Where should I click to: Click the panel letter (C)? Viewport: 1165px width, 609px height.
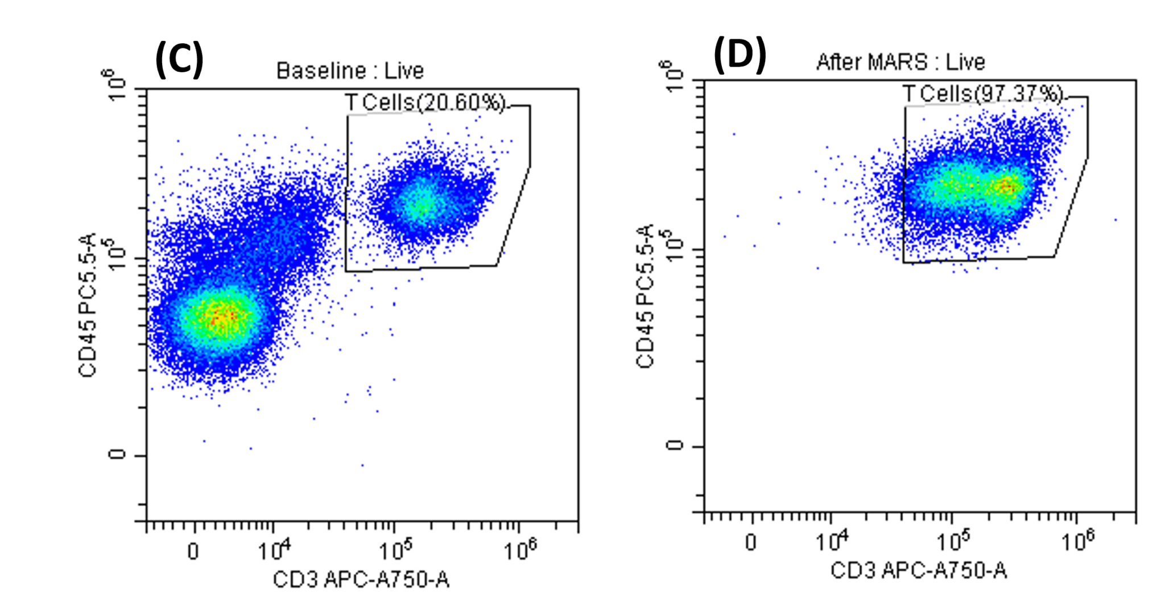(x=179, y=59)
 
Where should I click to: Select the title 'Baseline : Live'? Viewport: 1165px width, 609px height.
(x=350, y=71)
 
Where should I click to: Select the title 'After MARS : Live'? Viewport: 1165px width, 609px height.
(x=900, y=62)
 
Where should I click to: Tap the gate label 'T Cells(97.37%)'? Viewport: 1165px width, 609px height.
(x=982, y=94)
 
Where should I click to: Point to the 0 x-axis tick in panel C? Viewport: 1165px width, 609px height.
(x=193, y=551)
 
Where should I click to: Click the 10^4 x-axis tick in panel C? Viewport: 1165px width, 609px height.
(x=274, y=550)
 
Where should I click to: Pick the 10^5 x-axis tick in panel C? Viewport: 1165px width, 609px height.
(x=395, y=550)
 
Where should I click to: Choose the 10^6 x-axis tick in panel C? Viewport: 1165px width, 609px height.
(x=519, y=550)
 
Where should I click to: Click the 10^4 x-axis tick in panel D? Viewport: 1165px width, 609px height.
(x=832, y=541)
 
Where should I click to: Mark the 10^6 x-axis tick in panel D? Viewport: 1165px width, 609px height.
(x=1077, y=541)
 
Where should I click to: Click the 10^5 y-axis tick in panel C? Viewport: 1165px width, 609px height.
(x=118, y=258)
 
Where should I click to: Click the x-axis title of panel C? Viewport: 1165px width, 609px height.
(x=361, y=580)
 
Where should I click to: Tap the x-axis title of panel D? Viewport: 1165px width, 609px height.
(x=919, y=570)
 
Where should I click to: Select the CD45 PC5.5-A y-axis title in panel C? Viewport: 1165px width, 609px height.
(x=88, y=304)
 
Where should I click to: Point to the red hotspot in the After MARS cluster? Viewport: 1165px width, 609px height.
(x=1007, y=186)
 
